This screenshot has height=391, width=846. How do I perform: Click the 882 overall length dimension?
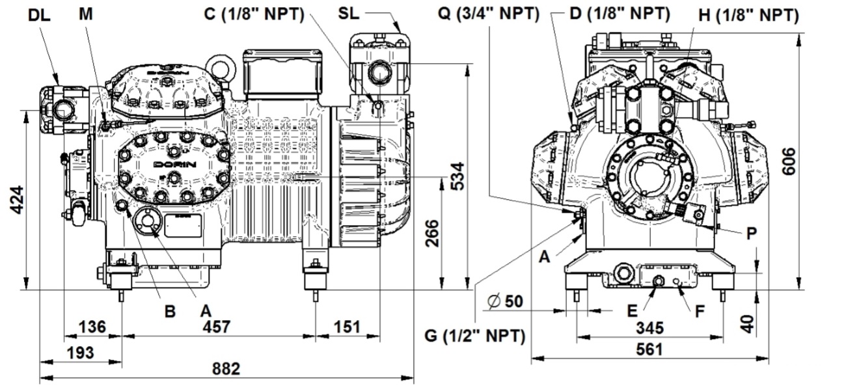(x=226, y=369)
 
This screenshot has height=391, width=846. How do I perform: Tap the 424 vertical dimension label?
(x=17, y=202)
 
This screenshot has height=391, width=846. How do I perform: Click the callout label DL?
(x=40, y=16)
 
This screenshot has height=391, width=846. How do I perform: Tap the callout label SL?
(x=351, y=12)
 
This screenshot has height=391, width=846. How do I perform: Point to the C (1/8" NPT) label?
(x=254, y=14)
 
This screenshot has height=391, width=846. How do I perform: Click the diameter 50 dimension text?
(x=505, y=301)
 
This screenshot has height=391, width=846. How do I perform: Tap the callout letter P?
(x=752, y=232)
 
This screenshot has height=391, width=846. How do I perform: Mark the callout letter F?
(x=700, y=312)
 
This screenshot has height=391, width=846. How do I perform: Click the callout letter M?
(x=86, y=14)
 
